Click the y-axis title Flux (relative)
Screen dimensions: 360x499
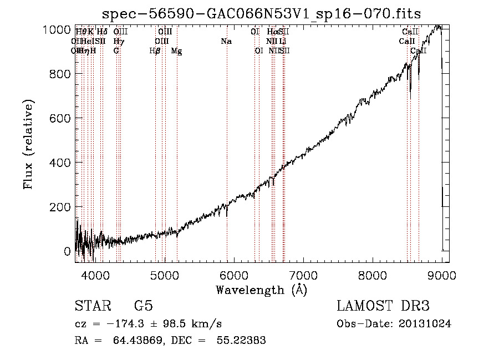pos(28,144)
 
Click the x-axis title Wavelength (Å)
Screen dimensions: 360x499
pos(261,290)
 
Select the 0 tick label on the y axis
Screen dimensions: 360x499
pos(68,251)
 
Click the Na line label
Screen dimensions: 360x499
pos(226,42)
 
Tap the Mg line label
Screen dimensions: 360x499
pos(176,51)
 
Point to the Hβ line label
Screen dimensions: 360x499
pos(155,51)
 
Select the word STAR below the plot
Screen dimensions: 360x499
pos(93,306)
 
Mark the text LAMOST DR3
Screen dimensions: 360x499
pos(383,306)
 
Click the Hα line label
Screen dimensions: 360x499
pos(271,32)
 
